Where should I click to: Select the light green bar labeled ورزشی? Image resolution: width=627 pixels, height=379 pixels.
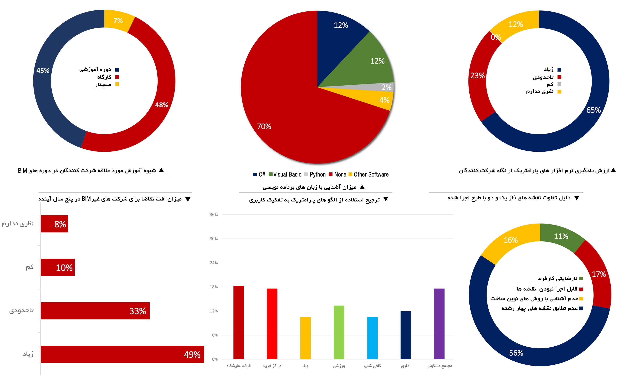point(339,332)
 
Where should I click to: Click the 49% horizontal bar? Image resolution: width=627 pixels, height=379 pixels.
point(122,354)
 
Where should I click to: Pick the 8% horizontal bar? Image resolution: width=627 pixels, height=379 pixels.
point(54,224)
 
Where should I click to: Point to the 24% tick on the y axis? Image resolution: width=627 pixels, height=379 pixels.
point(214,263)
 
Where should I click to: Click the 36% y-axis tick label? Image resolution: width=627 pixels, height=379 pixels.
point(214,214)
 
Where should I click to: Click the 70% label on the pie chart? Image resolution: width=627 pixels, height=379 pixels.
point(264,126)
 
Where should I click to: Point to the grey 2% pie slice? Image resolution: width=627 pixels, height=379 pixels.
point(382,87)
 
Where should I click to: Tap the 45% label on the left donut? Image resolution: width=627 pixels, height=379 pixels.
point(43,71)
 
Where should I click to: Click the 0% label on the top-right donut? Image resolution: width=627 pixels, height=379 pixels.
point(496,37)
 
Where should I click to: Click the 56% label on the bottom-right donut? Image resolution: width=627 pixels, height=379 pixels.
point(516,353)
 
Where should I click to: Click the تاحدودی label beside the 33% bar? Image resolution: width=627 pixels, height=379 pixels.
point(21,310)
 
